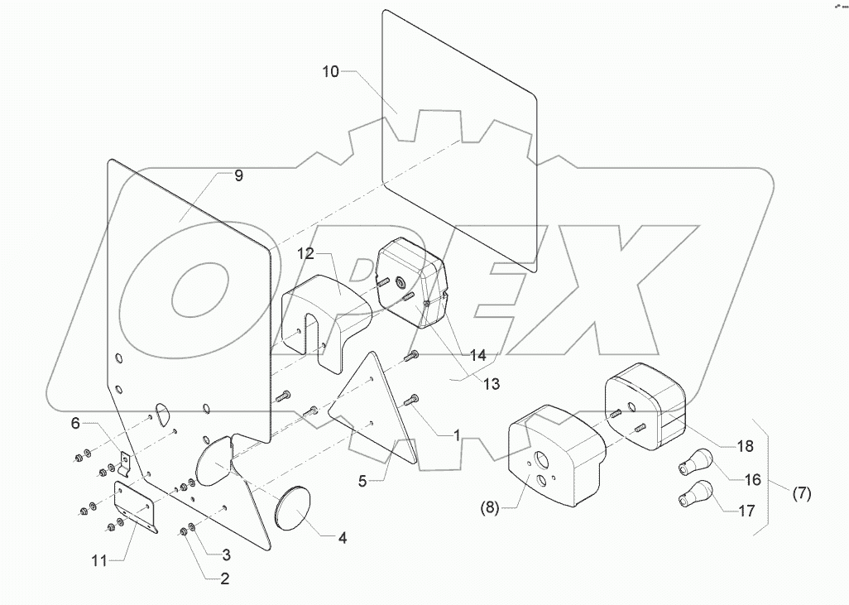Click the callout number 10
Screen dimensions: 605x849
click(331, 72)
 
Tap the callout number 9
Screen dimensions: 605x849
click(238, 175)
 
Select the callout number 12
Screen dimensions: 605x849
click(306, 253)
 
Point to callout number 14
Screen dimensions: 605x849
click(477, 355)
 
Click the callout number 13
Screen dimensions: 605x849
click(469, 384)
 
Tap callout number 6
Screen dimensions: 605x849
click(74, 423)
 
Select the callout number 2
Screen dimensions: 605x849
click(224, 579)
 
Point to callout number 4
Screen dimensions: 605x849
click(342, 537)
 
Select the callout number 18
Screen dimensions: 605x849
click(745, 446)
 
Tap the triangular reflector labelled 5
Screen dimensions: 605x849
click(377, 414)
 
